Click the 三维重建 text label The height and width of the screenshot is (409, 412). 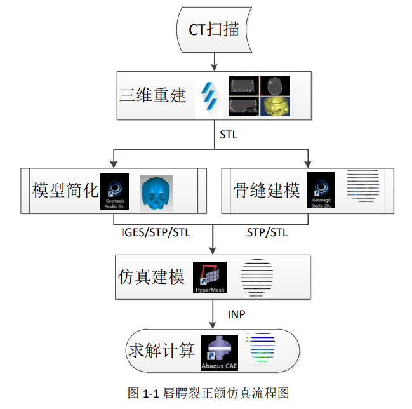click(153, 95)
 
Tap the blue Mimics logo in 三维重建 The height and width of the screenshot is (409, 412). click(210, 96)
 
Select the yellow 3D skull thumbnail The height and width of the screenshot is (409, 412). click(274, 106)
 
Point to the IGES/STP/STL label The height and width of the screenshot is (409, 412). click(156, 232)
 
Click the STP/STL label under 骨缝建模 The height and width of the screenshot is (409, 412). click(267, 232)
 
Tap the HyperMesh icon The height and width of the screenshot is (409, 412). click(210, 278)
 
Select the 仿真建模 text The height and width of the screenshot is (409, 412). click(152, 278)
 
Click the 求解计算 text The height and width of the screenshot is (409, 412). click(161, 351)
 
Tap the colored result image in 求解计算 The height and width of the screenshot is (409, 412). click(262, 350)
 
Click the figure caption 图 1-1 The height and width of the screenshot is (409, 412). click(209, 393)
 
